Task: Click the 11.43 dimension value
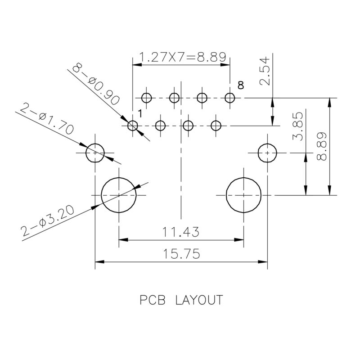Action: pos(181,233)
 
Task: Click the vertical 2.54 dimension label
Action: pos(265,71)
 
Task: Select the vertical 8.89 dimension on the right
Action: pos(322,146)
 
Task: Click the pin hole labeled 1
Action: pos(132,126)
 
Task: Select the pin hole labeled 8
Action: pos(230,98)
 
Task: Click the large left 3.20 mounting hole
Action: pos(118,195)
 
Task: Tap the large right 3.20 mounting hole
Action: pos(243,195)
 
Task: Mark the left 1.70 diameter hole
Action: pos(95,153)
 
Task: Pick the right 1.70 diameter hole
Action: pos(268,153)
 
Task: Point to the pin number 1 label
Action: pos(140,115)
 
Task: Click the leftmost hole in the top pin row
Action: pos(146,98)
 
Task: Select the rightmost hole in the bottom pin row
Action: pos(216,126)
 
